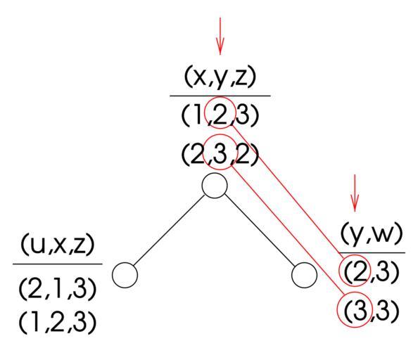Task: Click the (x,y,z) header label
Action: [x=220, y=77]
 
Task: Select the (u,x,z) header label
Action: [x=58, y=245]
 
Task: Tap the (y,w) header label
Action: [x=371, y=233]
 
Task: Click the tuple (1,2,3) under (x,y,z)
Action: [x=220, y=115]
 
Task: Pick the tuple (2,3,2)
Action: [x=220, y=155]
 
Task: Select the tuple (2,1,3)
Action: [x=58, y=289]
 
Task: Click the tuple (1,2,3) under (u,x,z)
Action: [x=58, y=321]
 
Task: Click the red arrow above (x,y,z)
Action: [x=220, y=36]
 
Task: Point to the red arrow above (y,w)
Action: [x=355, y=193]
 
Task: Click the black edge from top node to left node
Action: [x=169, y=231]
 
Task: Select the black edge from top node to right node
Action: [x=260, y=231]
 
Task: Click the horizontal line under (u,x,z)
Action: [x=58, y=264]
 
